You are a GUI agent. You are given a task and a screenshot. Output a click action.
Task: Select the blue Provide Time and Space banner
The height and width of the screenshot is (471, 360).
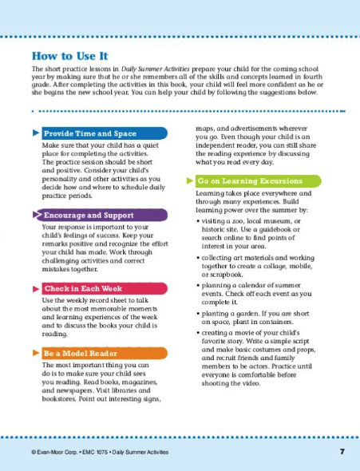(104, 133)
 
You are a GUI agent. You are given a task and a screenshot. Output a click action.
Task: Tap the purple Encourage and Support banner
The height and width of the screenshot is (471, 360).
(104, 216)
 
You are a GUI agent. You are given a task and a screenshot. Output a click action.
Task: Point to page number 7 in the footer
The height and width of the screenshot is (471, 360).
(341, 453)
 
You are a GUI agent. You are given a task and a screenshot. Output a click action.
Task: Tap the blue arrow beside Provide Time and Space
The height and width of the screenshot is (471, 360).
(34, 133)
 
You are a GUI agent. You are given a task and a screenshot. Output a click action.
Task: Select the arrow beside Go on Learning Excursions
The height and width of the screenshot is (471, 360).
(190, 181)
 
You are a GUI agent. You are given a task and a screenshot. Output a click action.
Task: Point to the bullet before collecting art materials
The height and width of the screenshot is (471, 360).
(197, 257)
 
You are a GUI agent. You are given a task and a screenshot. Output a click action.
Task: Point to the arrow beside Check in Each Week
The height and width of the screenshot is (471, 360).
(34, 287)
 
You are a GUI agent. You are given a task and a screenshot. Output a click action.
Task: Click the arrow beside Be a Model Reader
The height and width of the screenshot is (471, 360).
(34, 353)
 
